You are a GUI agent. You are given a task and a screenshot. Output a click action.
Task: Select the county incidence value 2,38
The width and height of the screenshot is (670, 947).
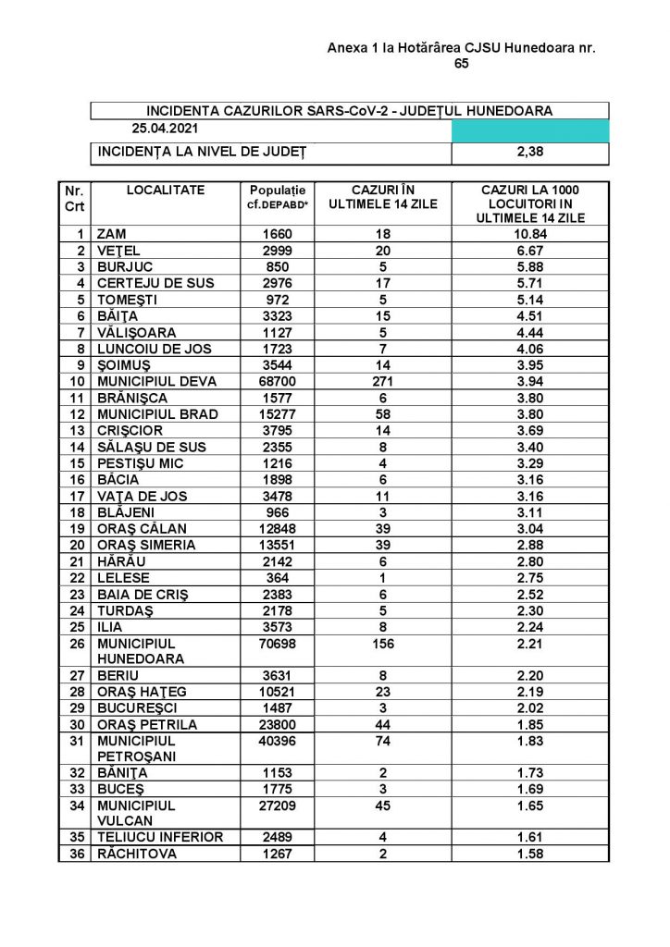pyautogui.click(x=530, y=151)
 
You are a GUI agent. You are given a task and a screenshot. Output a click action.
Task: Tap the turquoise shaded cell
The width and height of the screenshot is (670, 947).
pyautogui.click(x=530, y=130)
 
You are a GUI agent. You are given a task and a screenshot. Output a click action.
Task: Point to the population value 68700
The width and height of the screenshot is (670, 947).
pyautogui.click(x=277, y=381)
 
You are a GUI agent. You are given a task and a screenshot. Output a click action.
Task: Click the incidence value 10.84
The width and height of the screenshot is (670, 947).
pyautogui.click(x=530, y=233)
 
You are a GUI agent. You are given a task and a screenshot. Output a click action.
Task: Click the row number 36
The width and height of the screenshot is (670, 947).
pyautogui.click(x=76, y=854)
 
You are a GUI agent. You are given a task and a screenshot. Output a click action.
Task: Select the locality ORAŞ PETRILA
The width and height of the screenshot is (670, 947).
pyautogui.click(x=147, y=725)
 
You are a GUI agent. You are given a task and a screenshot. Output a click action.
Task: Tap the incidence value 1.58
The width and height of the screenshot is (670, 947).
pyautogui.click(x=530, y=854)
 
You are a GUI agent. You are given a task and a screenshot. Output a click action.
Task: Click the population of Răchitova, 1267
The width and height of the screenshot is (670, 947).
pyautogui.click(x=277, y=854)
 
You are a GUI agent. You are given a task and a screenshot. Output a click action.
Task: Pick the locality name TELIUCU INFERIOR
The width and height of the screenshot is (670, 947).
pyautogui.click(x=160, y=837)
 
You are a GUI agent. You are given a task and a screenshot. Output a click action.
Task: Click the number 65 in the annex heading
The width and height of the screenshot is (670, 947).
pyautogui.click(x=462, y=64)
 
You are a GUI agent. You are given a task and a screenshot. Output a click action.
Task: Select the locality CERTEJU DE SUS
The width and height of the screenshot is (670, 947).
pyautogui.click(x=152, y=282)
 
